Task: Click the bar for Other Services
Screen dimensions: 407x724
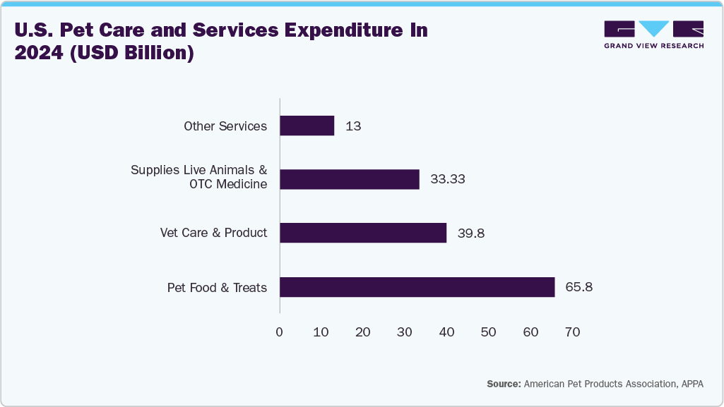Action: click(x=307, y=126)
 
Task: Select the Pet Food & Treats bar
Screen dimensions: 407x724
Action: click(x=417, y=287)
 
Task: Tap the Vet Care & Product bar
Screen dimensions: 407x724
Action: click(x=363, y=233)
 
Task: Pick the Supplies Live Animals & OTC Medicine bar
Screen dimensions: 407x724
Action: click(x=350, y=179)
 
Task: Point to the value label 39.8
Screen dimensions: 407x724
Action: click(x=470, y=233)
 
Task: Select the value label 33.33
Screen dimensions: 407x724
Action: click(x=448, y=179)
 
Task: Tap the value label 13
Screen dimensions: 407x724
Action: click(x=353, y=126)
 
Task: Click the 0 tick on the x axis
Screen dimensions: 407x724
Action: click(x=280, y=332)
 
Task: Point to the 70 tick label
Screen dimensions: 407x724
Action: click(x=572, y=332)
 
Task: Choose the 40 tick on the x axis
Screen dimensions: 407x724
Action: click(x=446, y=332)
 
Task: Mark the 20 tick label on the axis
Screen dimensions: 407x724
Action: click(x=363, y=332)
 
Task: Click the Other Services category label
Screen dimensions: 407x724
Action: click(x=225, y=126)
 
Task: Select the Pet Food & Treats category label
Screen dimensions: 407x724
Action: click(x=217, y=287)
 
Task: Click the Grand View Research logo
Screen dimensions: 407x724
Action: click(x=653, y=34)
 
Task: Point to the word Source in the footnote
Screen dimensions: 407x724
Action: click(x=502, y=384)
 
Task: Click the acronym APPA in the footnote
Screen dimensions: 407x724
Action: click(x=692, y=384)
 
